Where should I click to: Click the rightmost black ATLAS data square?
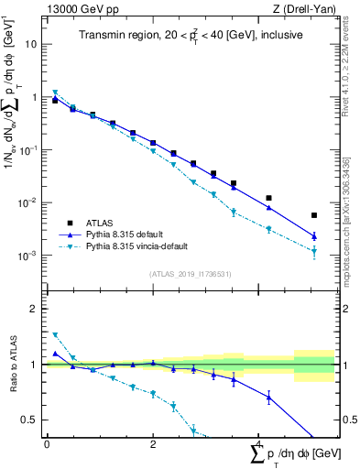(314, 215)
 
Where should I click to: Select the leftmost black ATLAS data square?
(55, 101)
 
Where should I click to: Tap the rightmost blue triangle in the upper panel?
(314, 236)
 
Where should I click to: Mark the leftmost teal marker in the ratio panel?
(55, 335)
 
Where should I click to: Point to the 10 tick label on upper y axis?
(31, 44)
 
